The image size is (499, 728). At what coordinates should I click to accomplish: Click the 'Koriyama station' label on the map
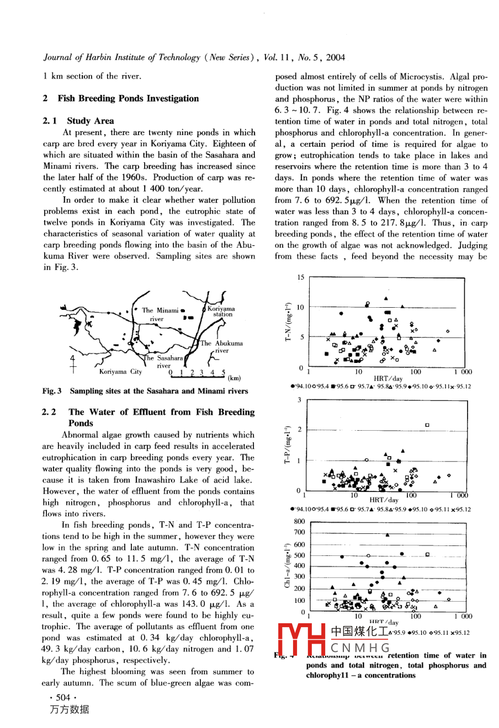[221, 312]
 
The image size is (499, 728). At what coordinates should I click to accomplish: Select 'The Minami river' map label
[160, 314]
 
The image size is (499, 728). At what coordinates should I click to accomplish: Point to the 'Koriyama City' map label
[120, 372]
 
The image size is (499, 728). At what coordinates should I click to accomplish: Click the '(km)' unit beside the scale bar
[234, 378]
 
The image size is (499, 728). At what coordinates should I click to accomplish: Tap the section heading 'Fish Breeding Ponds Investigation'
[128, 99]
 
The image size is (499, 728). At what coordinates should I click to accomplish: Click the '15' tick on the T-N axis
[300, 277]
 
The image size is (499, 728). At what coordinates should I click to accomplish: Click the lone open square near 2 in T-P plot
[427, 425]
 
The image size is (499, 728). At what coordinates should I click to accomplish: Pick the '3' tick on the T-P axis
[300, 400]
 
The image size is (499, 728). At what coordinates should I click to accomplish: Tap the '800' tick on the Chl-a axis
[299, 521]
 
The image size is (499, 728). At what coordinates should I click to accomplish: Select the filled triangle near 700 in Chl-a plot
[388, 534]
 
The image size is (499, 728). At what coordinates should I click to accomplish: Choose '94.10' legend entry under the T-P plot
[300, 510]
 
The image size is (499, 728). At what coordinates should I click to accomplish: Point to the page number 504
[63, 697]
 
